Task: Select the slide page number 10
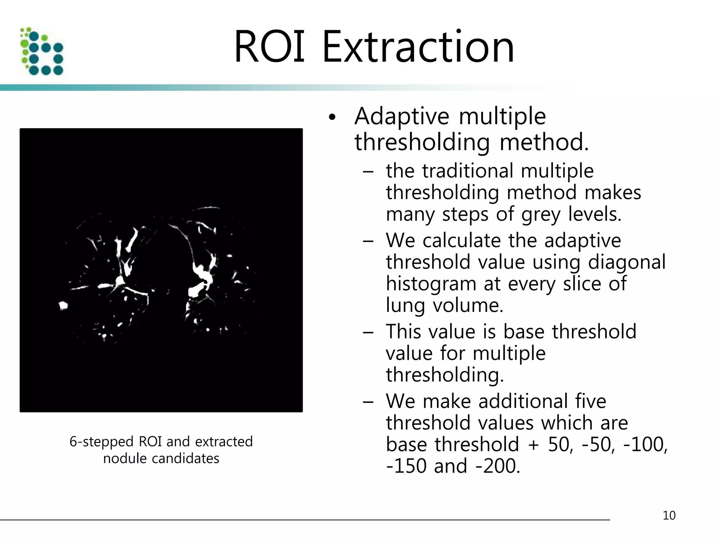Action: [x=669, y=515]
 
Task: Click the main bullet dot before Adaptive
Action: [x=332, y=118]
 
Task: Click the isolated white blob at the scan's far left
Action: [x=63, y=306]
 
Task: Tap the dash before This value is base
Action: [x=368, y=332]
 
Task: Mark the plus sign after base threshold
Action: [x=534, y=445]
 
